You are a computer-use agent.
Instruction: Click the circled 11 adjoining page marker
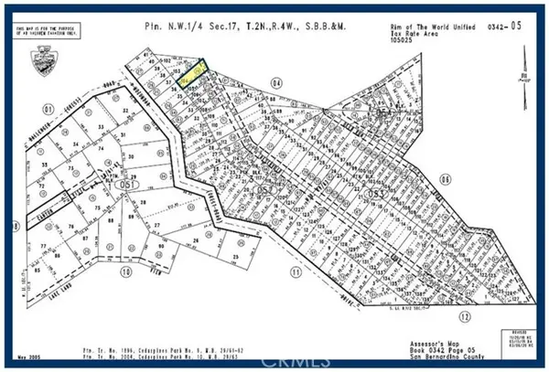296,271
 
